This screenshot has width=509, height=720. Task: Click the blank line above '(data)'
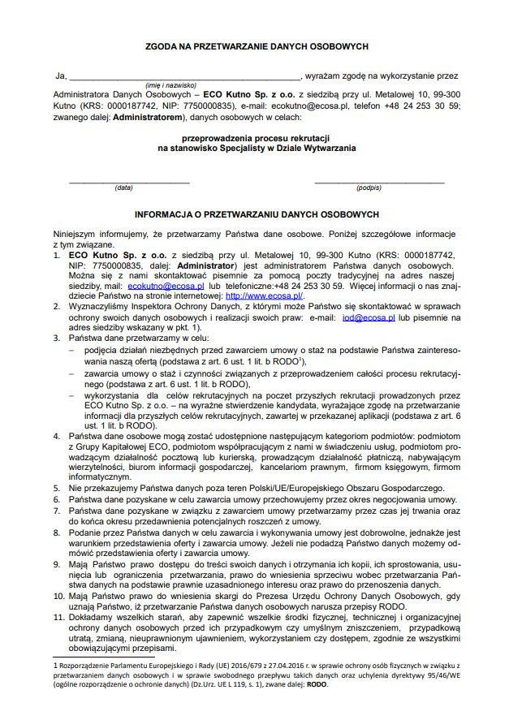tap(123, 181)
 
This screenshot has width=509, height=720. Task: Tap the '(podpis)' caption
tap(369, 188)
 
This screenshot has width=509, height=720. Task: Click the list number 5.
tap(56, 488)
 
